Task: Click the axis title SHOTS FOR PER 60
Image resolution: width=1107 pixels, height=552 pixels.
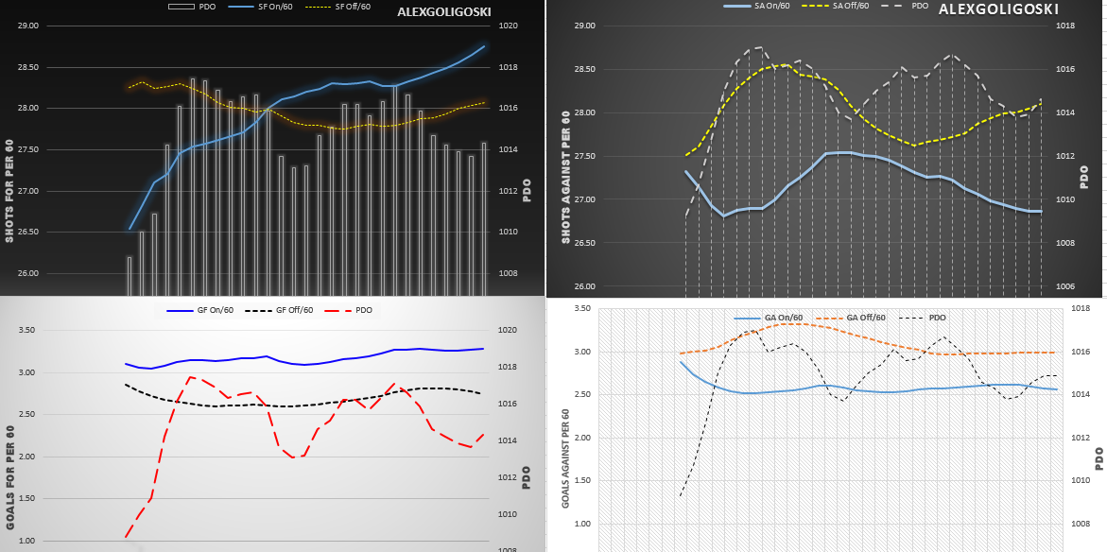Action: [9, 179]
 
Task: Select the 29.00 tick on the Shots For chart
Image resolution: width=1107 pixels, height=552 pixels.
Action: [28, 26]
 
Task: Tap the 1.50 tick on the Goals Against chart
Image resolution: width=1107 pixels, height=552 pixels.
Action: [583, 481]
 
